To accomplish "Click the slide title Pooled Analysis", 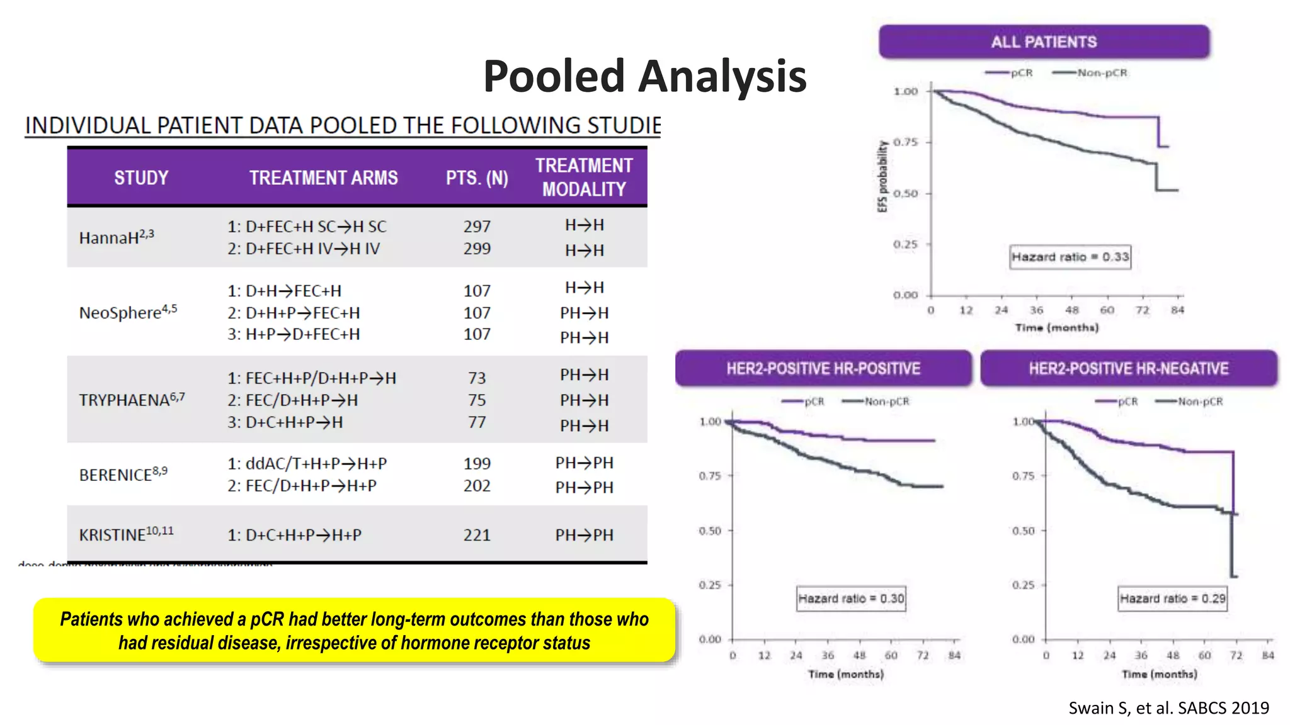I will pyautogui.click(x=644, y=76).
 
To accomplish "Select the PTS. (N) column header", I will pyautogui.click(x=477, y=178).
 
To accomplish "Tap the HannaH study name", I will pyautogui.click(x=117, y=237).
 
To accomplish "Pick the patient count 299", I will pyautogui.click(x=477, y=249).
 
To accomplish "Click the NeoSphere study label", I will pyautogui.click(x=128, y=312).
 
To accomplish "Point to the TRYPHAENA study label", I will pyautogui.click(x=132, y=400).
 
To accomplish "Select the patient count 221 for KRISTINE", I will pyautogui.click(x=477, y=535).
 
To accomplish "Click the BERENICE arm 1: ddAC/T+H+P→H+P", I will pyautogui.click(x=307, y=464).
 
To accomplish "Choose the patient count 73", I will pyautogui.click(x=477, y=378).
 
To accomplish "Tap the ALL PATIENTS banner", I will pyautogui.click(x=1044, y=42).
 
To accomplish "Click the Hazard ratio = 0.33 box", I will pyautogui.click(x=1070, y=257).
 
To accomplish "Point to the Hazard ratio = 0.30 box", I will pyautogui.click(x=851, y=599).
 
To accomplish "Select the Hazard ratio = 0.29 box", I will pyautogui.click(x=1172, y=599).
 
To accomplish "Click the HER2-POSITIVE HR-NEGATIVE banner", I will pyautogui.click(x=1128, y=369).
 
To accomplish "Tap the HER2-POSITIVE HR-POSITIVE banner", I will pyautogui.click(x=823, y=369).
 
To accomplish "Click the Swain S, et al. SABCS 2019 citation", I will pyautogui.click(x=1168, y=708).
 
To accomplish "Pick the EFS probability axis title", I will pyautogui.click(x=882, y=176).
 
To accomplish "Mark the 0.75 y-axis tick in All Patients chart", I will pyautogui.click(x=905, y=142).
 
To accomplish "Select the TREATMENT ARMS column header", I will pyautogui.click(x=323, y=178).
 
